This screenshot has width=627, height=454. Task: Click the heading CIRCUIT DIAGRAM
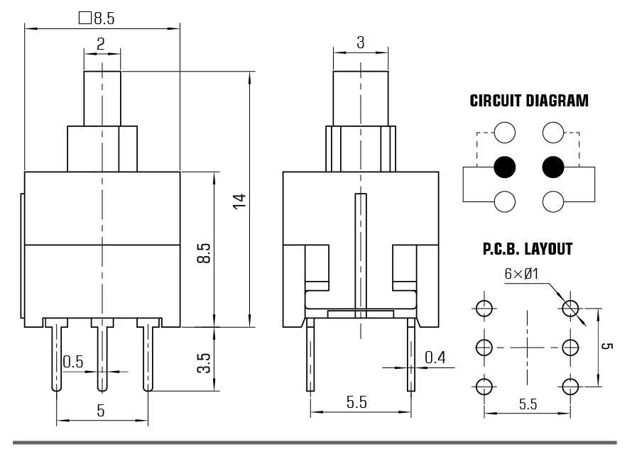(529, 101)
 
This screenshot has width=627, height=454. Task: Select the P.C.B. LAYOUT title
(528, 250)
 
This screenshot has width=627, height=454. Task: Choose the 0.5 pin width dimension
(72, 362)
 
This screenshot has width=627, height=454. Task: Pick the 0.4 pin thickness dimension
(435, 358)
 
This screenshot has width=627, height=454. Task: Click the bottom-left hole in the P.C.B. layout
(484, 387)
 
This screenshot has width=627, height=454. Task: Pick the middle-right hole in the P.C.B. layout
(569, 348)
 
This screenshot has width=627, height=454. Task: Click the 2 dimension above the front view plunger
(101, 44)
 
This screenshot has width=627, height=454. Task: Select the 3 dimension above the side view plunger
(360, 43)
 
